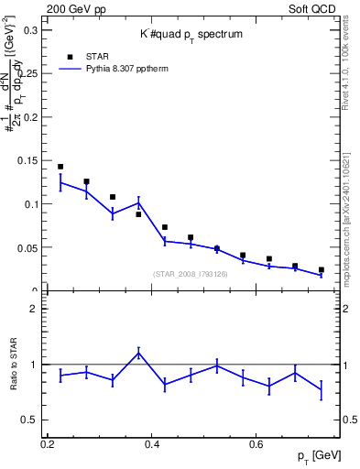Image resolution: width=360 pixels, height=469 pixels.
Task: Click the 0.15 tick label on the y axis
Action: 27,160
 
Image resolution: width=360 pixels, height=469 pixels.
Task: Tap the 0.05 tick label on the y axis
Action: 27,247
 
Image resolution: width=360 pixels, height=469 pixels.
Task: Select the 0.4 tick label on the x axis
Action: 152,444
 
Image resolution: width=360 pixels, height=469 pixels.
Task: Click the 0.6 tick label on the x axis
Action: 258,444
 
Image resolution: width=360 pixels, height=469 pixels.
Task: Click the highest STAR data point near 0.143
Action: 60,167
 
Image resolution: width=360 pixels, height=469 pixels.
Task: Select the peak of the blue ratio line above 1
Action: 138,353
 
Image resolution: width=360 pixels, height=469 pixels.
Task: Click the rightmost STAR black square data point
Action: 322,270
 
